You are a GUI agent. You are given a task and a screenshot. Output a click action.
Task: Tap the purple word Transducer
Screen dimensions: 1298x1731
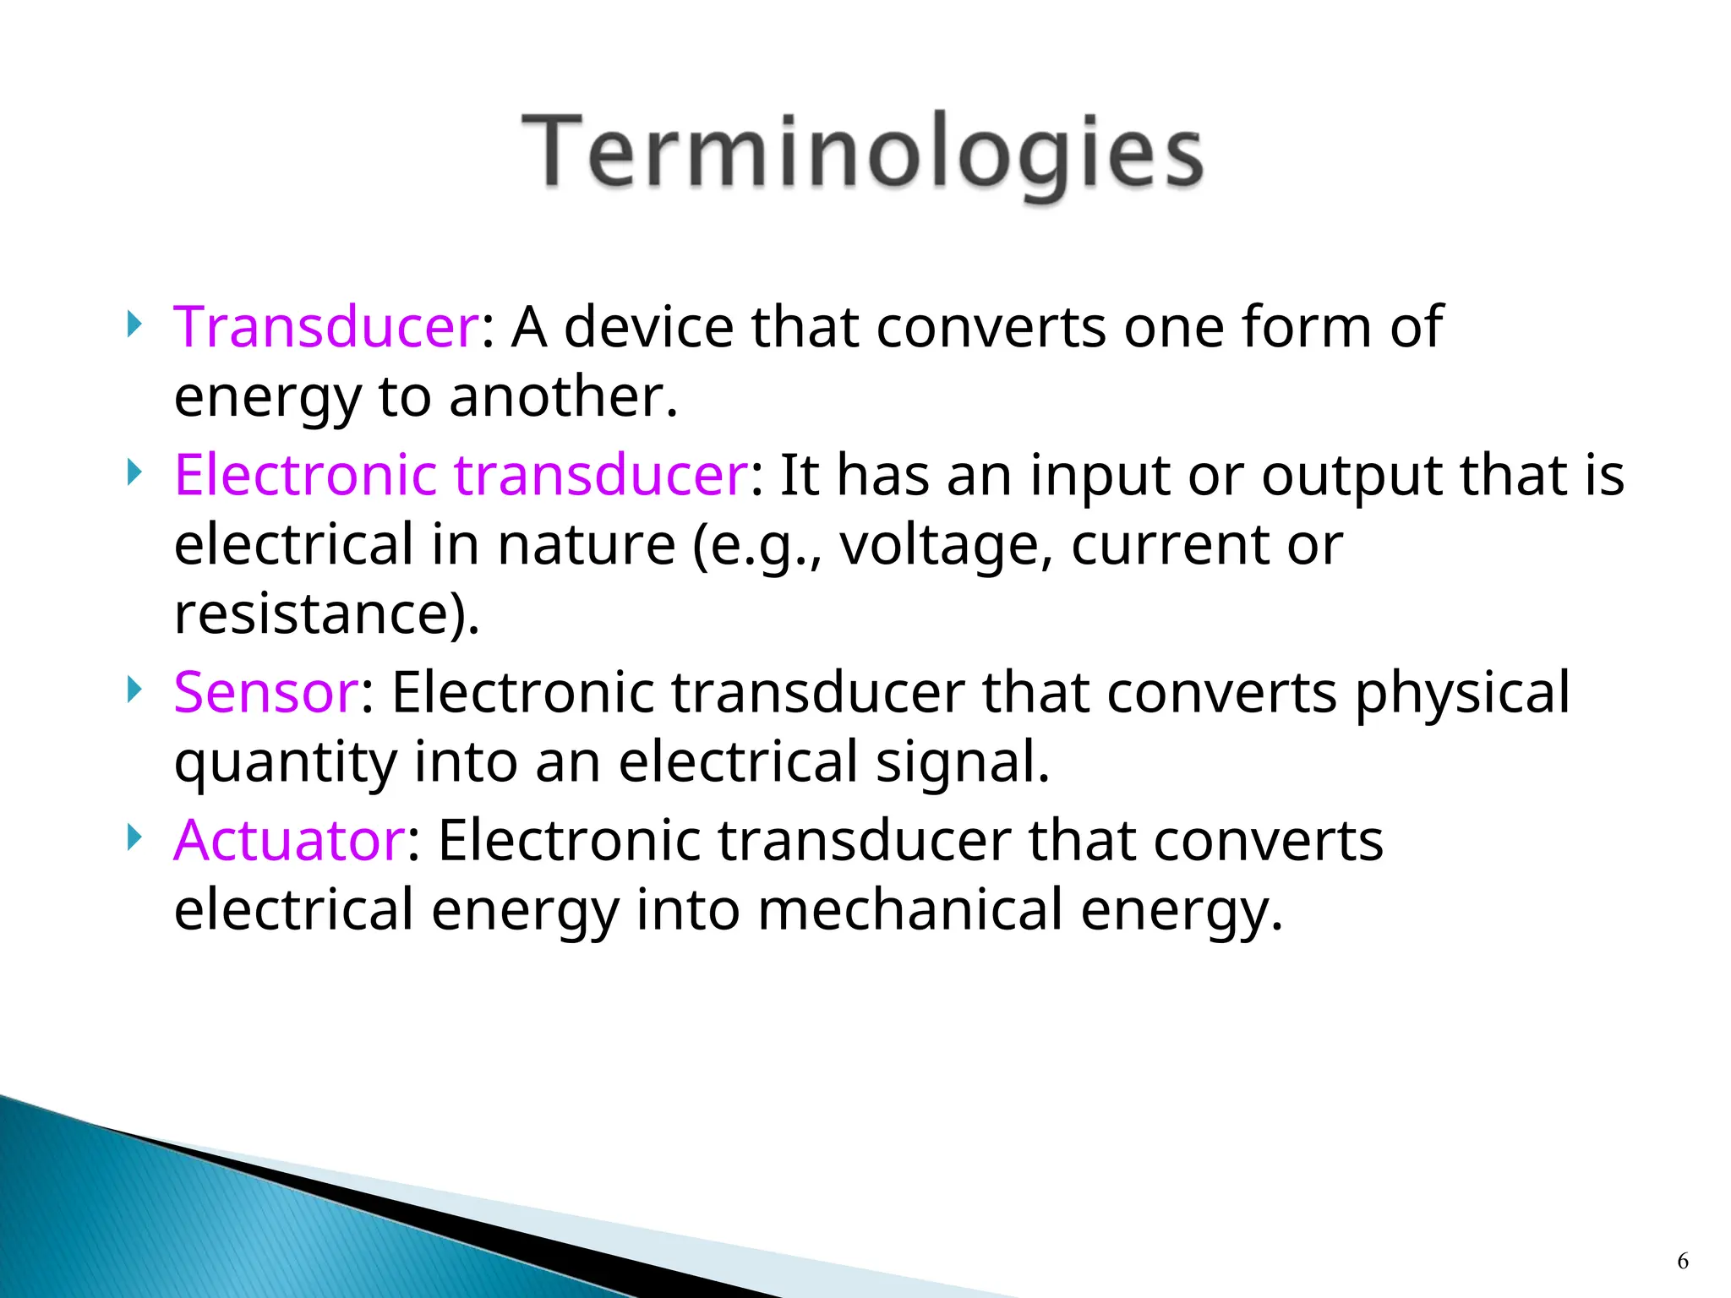pyautogui.click(x=326, y=327)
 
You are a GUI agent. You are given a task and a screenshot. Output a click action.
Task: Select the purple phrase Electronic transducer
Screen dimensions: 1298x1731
pyautogui.click(x=461, y=475)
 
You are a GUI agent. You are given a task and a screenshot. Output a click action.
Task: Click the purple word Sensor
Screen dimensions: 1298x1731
pyautogui.click(x=266, y=693)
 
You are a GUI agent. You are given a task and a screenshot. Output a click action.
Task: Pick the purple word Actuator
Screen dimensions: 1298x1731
pyautogui.click(x=289, y=841)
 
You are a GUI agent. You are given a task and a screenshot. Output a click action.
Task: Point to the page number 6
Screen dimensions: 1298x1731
pyautogui.click(x=1682, y=1262)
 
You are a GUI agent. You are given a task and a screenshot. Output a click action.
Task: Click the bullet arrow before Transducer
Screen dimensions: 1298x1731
pyautogui.click(x=134, y=323)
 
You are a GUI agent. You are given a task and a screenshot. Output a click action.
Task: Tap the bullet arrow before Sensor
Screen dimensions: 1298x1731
pyautogui.click(x=134, y=689)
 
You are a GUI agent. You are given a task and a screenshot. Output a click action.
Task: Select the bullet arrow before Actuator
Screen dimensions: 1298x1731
pyautogui.click(x=134, y=837)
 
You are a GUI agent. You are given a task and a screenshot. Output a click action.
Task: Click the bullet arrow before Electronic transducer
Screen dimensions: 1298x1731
pyautogui.click(x=134, y=471)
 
